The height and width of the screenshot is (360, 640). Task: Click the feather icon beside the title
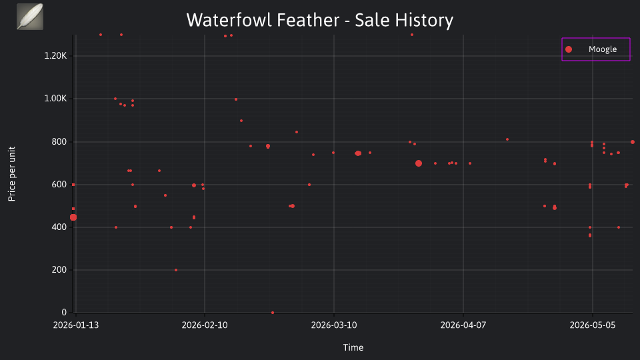[30, 17]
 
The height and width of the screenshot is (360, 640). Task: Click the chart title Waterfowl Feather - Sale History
[319, 20]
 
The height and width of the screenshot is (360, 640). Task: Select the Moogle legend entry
[595, 49]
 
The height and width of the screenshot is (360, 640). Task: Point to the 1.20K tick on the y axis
[55, 56]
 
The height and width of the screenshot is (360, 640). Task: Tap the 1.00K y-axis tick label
[55, 99]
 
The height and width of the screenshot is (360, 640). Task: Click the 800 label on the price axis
[59, 141]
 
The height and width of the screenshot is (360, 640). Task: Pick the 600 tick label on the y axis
[59, 185]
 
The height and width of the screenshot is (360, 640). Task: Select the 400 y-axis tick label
[59, 227]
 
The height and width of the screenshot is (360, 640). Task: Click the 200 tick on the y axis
[59, 270]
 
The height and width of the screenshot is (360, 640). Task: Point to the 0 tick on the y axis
[64, 312]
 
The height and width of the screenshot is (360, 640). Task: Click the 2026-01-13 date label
[76, 325]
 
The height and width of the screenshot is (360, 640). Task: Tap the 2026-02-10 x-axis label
[205, 325]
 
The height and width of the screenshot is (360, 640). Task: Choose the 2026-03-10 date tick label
[334, 325]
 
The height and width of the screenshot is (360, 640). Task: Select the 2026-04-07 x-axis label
[463, 325]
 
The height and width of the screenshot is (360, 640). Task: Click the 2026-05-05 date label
[592, 325]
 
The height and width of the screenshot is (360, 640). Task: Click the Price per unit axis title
[11, 174]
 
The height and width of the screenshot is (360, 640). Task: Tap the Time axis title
[353, 347]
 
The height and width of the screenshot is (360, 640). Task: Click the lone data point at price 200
[176, 270]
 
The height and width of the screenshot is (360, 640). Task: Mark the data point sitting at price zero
[273, 313]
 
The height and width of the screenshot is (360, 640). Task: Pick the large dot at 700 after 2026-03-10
[419, 163]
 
